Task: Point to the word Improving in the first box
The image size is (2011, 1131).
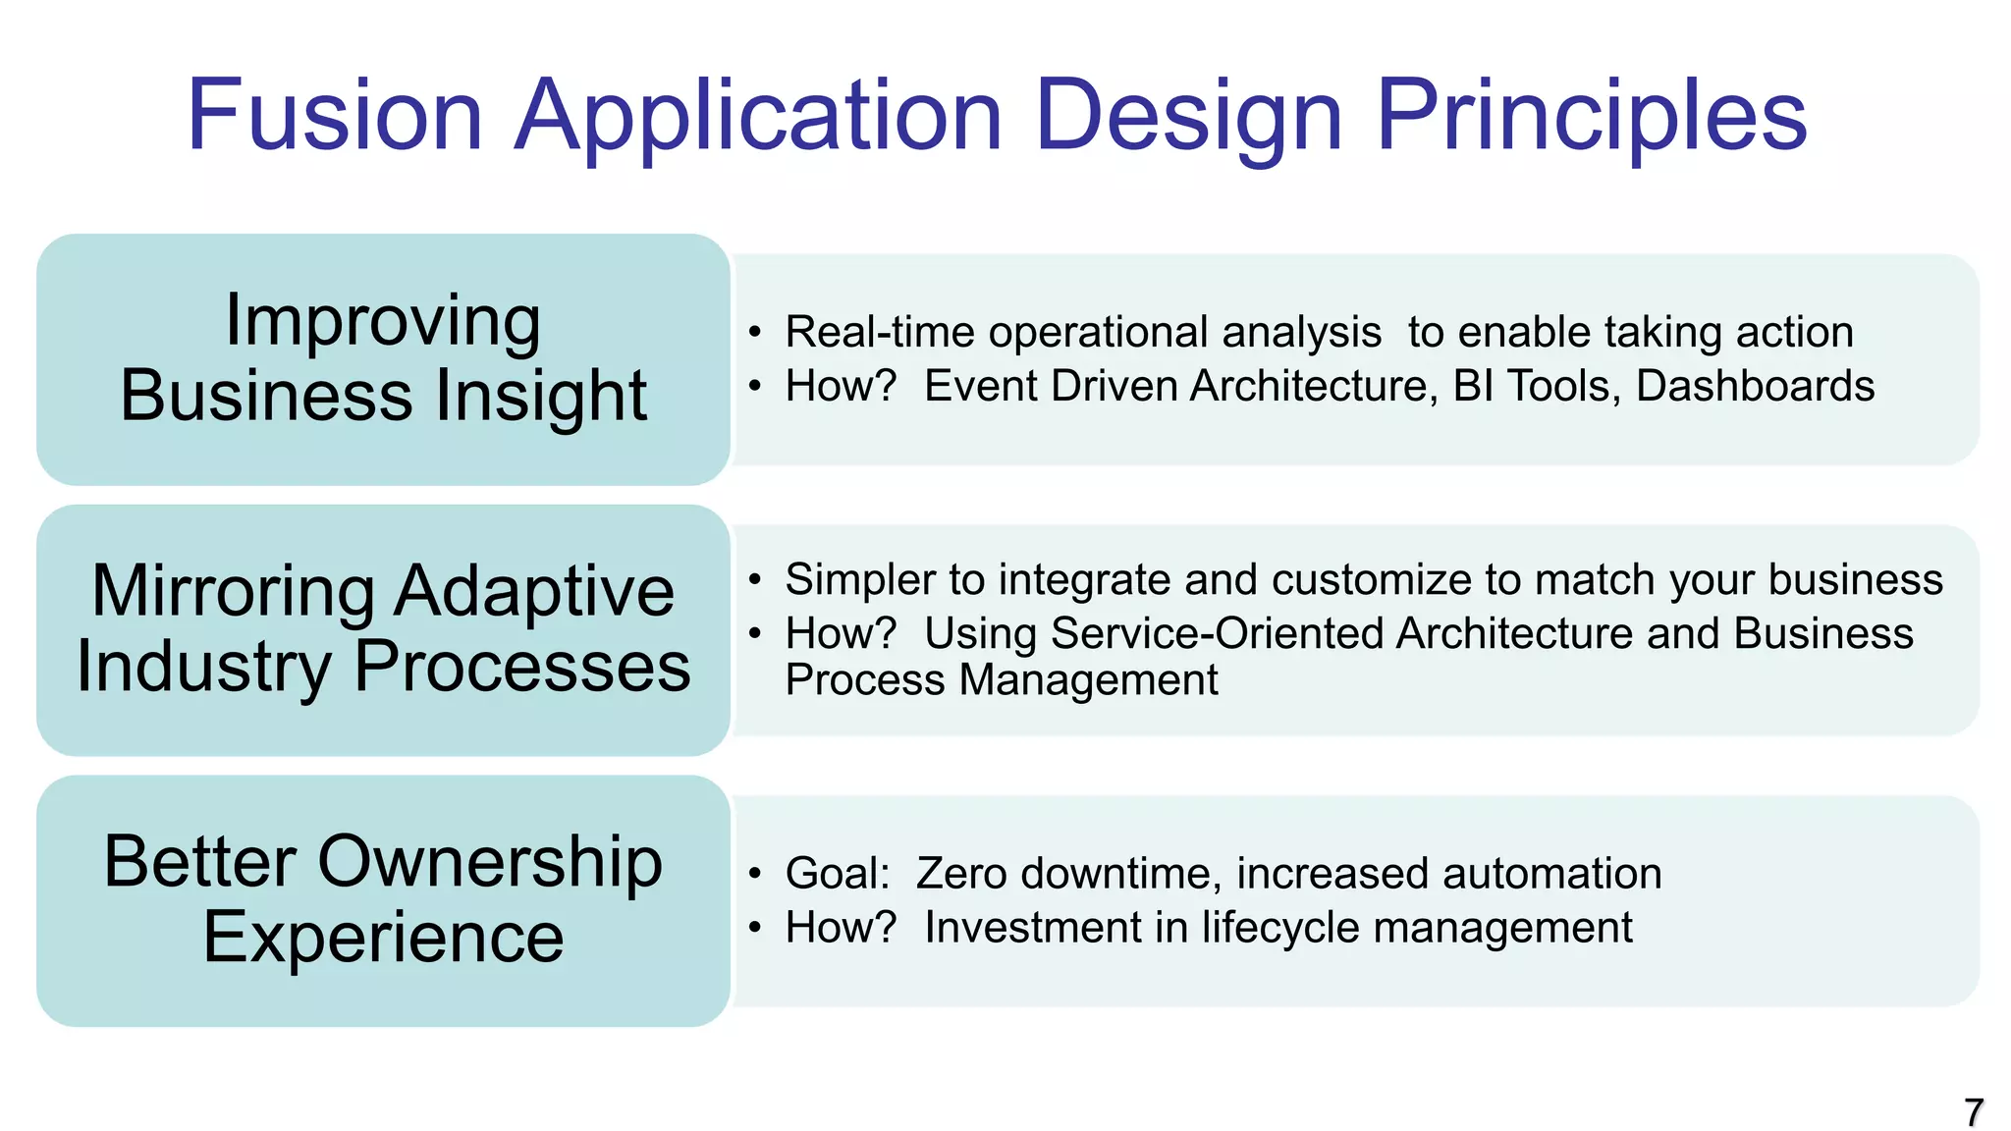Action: (383, 321)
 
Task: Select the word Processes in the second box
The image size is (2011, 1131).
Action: (521, 666)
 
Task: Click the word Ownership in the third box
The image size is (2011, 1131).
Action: (490, 862)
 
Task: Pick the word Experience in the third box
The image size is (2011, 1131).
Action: (383, 937)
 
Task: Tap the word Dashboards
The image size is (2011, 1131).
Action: (1755, 386)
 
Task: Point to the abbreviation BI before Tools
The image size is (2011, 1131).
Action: (1473, 386)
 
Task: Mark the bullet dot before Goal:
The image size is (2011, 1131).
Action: (754, 873)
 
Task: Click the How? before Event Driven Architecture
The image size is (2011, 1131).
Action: (841, 386)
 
